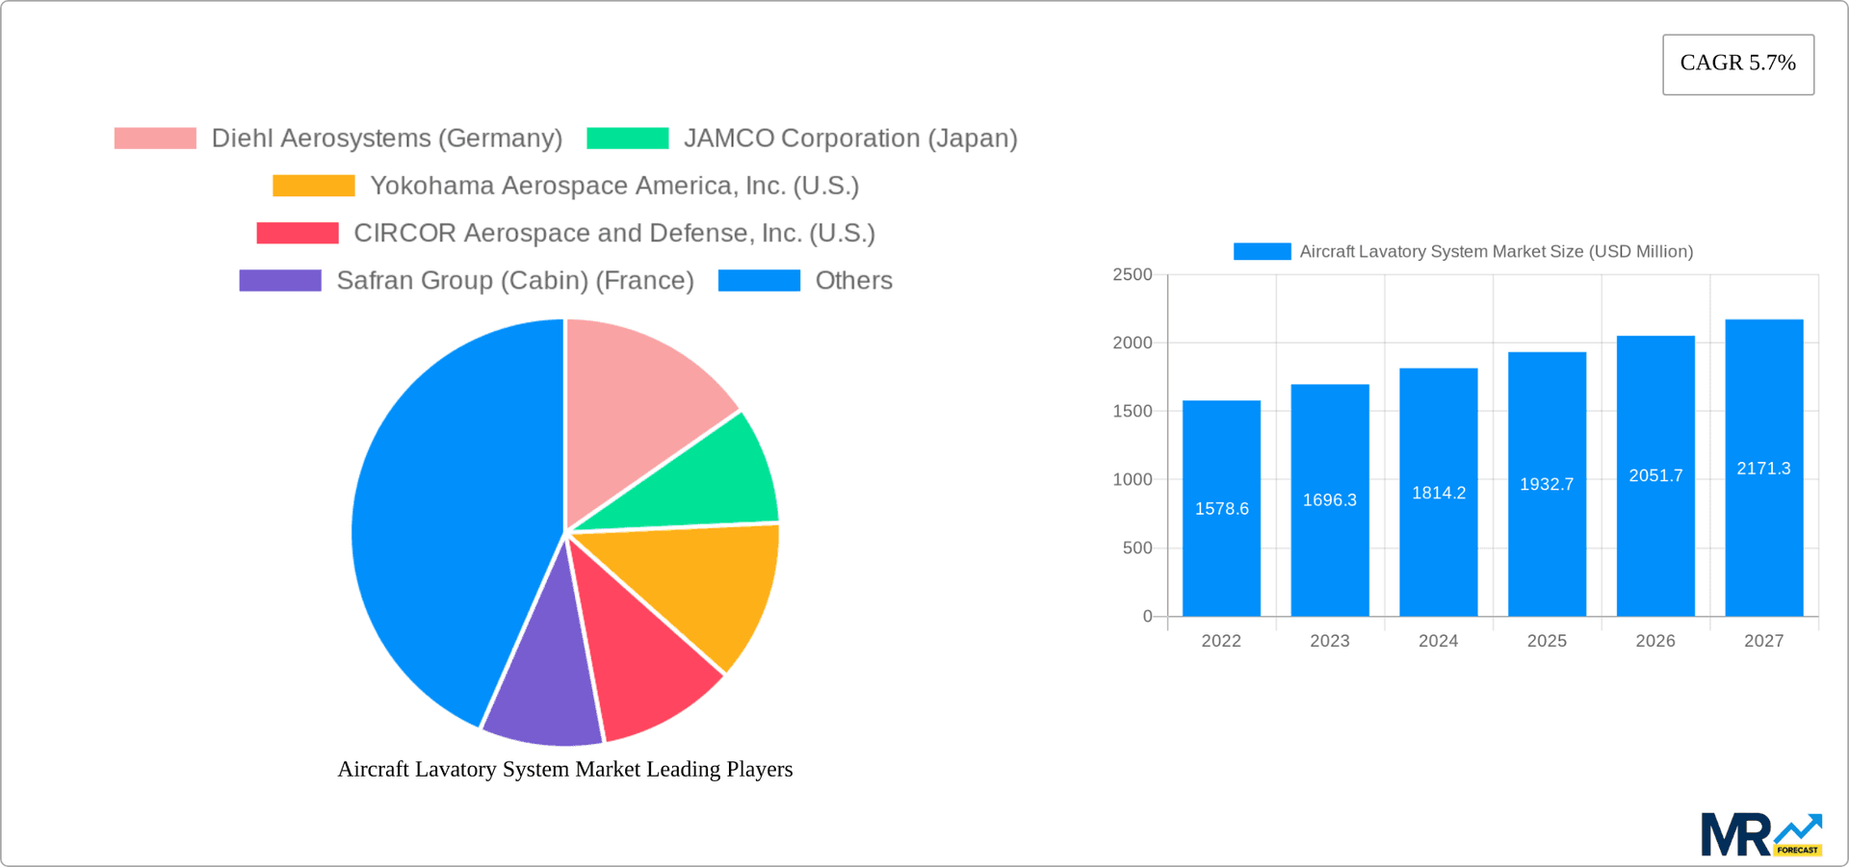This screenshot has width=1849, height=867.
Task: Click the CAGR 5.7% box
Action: (x=1737, y=64)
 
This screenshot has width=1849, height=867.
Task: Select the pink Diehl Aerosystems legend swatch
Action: (x=155, y=139)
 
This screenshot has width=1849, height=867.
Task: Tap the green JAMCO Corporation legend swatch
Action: (x=627, y=139)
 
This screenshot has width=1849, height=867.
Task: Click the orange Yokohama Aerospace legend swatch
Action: (x=313, y=186)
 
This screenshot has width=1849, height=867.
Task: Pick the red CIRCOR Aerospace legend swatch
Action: (x=297, y=233)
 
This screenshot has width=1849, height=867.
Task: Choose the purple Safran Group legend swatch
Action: (x=279, y=280)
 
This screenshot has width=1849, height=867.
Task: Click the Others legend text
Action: (x=853, y=280)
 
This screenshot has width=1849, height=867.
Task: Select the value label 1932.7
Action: (x=1547, y=484)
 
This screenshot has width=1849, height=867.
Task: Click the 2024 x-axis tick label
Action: (x=1438, y=641)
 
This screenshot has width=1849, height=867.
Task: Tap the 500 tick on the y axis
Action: (x=1136, y=548)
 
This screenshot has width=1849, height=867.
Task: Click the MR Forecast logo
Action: (x=1760, y=834)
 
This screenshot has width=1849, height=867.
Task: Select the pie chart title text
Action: (x=564, y=769)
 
